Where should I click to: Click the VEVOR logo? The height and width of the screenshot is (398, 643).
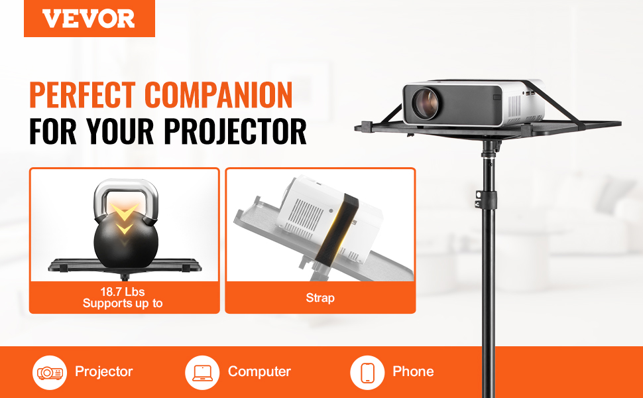[89, 19]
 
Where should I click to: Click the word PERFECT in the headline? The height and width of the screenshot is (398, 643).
[82, 95]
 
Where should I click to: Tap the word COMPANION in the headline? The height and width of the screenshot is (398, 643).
[219, 95]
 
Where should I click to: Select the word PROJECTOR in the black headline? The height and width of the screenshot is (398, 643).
[235, 131]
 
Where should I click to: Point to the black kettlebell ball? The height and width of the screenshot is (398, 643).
[126, 242]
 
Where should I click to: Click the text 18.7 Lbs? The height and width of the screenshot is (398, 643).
[123, 292]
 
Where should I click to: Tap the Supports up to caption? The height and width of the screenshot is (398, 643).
[123, 303]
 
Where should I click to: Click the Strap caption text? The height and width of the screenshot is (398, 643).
[320, 298]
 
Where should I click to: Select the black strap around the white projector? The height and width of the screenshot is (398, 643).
[336, 228]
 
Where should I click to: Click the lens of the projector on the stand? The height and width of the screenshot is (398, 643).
[425, 103]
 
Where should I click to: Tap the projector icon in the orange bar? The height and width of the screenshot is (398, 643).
[50, 373]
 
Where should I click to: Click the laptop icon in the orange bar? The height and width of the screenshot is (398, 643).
[202, 373]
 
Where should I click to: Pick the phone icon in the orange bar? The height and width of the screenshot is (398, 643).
[367, 373]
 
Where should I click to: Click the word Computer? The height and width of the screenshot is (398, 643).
[259, 371]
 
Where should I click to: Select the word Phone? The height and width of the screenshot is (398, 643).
[413, 371]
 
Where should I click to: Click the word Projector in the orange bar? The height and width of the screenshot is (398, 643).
[104, 371]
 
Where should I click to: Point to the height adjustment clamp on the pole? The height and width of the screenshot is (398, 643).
[487, 200]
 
